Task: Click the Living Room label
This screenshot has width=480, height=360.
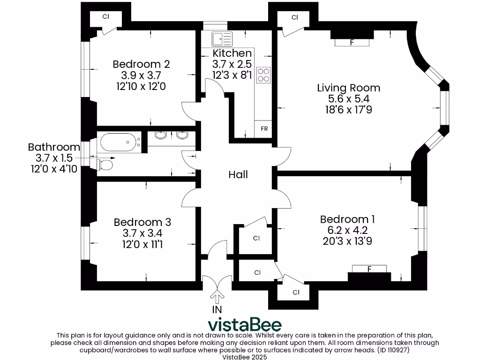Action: coord(348,88)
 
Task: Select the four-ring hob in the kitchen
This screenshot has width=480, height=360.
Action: coord(263,75)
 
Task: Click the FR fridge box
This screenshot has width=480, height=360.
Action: coord(264,128)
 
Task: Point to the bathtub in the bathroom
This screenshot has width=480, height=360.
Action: coord(119,141)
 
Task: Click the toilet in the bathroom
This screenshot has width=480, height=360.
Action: coord(106,165)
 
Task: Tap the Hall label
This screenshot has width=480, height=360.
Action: coord(238,174)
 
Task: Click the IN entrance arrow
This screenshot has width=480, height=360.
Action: coord(217,297)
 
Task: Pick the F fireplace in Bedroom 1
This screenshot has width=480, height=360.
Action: coord(369,269)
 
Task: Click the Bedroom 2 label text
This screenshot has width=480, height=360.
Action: coord(141,64)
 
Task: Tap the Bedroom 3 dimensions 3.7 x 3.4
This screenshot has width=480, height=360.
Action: coord(142,233)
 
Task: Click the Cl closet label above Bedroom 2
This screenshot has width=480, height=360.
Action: coord(106,16)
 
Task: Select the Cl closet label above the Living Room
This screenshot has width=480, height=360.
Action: coord(295,17)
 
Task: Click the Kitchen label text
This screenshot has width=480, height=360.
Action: coord(232,53)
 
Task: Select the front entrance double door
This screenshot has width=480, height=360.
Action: coord(217,282)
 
